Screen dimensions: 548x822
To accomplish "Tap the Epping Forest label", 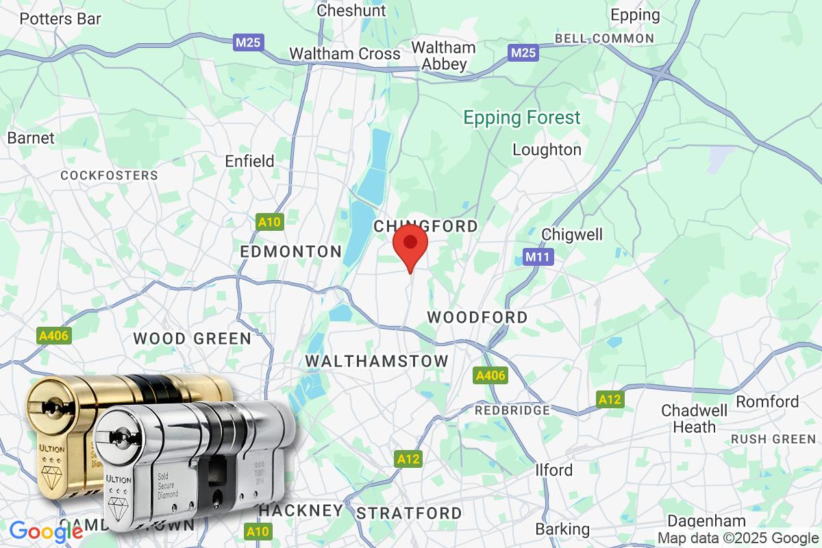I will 522,118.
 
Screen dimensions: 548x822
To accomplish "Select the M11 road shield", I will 537,257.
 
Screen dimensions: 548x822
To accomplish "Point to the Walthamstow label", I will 377,361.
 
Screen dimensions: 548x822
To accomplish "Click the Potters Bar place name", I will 60,18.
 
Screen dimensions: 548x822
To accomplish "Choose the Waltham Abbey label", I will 443,56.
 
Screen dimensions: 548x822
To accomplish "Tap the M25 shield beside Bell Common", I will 523,53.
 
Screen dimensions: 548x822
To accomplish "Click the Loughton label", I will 547,149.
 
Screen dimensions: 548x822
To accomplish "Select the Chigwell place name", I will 572,234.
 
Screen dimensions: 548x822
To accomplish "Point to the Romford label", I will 768,401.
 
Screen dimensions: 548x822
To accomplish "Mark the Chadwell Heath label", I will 688,419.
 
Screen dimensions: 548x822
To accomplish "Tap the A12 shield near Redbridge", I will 610,400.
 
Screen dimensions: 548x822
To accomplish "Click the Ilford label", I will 553,470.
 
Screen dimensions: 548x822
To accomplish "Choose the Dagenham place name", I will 696,521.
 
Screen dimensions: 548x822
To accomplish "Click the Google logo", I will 46,531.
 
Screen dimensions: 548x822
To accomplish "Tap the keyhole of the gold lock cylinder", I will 49,410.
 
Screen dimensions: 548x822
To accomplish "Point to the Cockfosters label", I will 109,175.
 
